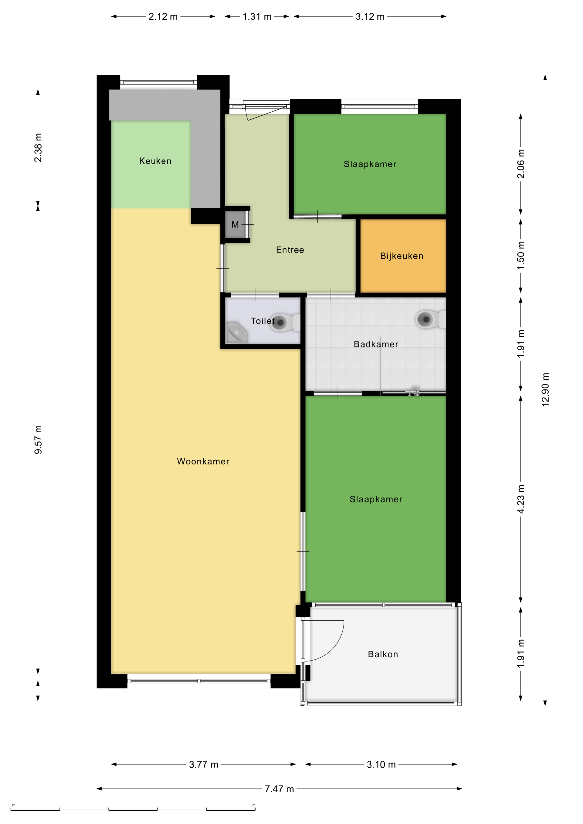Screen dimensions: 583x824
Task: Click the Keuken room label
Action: point(155,161)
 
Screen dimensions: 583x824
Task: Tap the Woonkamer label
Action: point(203,461)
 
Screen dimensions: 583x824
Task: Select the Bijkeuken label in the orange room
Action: point(402,256)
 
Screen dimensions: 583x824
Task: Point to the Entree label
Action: point(290,250)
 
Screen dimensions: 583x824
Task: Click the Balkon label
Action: point(383,654)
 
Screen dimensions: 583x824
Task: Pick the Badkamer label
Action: point(376,344)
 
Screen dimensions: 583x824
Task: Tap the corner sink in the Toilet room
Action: point(236,332)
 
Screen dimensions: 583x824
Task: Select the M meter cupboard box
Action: point(235,225)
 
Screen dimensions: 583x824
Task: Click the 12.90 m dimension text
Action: point(545,389)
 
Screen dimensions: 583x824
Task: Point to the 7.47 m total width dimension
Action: point(279,789)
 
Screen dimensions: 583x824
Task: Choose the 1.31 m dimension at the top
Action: point(257,16)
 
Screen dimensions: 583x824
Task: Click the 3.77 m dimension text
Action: point(204,764)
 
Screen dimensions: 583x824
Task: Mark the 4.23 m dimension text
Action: point(521,499)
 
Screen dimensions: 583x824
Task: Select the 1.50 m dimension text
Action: point(521,255)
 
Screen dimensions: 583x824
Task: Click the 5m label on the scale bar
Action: point(253,805)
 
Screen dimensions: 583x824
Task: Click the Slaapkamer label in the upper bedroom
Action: point(370,164)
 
